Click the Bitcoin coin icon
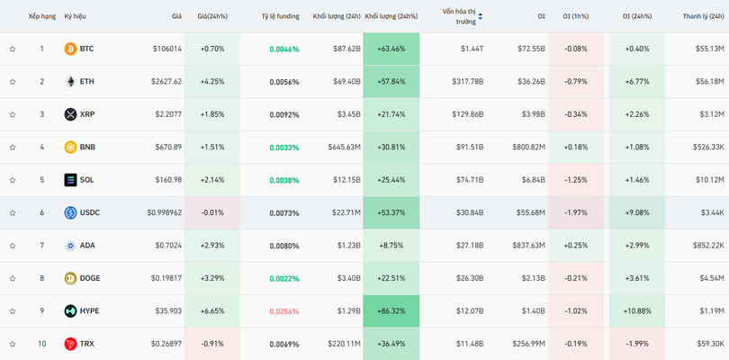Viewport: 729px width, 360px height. click(70, 49)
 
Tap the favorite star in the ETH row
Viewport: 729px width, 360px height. click(13, 82)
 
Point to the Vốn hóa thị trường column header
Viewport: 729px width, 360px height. click(459, 16)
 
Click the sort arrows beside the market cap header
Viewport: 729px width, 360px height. click(480, 16)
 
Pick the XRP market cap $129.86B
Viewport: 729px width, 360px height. click(464, 114)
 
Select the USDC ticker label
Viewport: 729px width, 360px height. click(89, 213)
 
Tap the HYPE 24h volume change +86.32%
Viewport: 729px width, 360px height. click(391, 311)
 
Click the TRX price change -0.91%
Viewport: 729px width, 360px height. click(212, 344)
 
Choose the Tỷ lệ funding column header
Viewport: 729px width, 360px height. click(280, 16)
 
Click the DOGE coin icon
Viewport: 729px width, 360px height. click(70, 278)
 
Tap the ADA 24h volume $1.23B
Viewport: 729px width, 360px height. click(347, 246)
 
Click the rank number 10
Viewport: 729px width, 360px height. click(41, 344)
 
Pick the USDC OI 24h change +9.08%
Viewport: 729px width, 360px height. click(636, 213)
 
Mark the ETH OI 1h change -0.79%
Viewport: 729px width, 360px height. click(575, 82)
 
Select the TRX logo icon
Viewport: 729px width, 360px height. click(70, 344)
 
